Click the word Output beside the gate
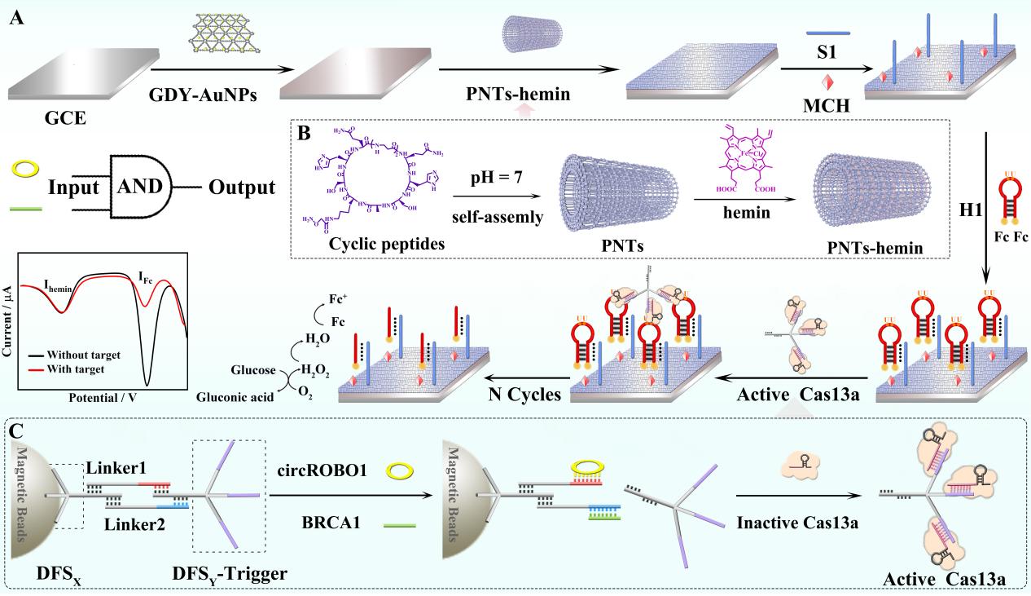pos(243,187)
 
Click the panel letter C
pos(17,430)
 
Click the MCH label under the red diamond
pos(827,106)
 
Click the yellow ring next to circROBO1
pos(399,471)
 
